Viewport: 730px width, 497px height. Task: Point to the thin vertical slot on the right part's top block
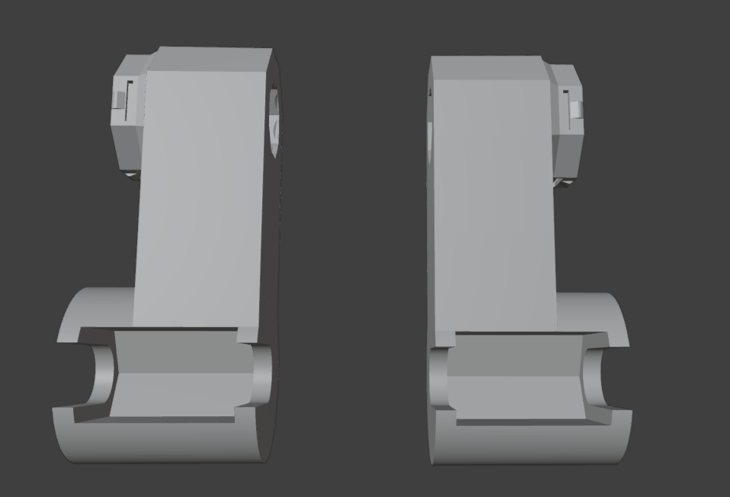click(x=565, y=104)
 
